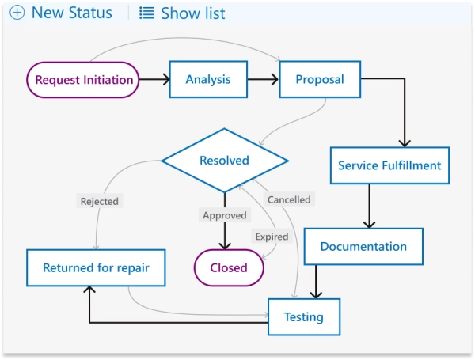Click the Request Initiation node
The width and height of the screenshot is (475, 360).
(x=83, y=80)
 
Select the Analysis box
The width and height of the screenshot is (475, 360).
(x=208, y=79)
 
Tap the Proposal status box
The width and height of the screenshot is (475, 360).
(x=320, y=79)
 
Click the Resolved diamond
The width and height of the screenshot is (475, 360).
(x=224, y=161)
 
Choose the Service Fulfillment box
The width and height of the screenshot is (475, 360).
(x=389, y=166)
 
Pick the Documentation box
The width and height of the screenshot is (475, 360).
(x=363, y=247)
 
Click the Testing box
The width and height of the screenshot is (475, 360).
(x=304, y=317)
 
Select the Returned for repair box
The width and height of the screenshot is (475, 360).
(x=95, y=268)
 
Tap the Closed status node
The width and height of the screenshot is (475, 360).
(x=229, y=268)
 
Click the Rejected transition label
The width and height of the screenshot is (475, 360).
(x=99, y=202)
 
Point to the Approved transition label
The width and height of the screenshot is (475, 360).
(x=225, y=215)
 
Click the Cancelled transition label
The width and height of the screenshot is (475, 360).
(x=289, y=199)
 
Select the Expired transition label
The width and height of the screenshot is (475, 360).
(x=272, y=237)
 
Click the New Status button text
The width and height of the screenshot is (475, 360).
(x=71, y=13)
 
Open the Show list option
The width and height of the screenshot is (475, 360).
(x=192, y=13)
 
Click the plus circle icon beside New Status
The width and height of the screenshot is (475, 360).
(x=17, y=13)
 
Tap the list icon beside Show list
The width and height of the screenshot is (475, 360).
(x=146, y=13)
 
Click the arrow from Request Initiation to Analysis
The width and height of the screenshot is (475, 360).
(x=155, y=79)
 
